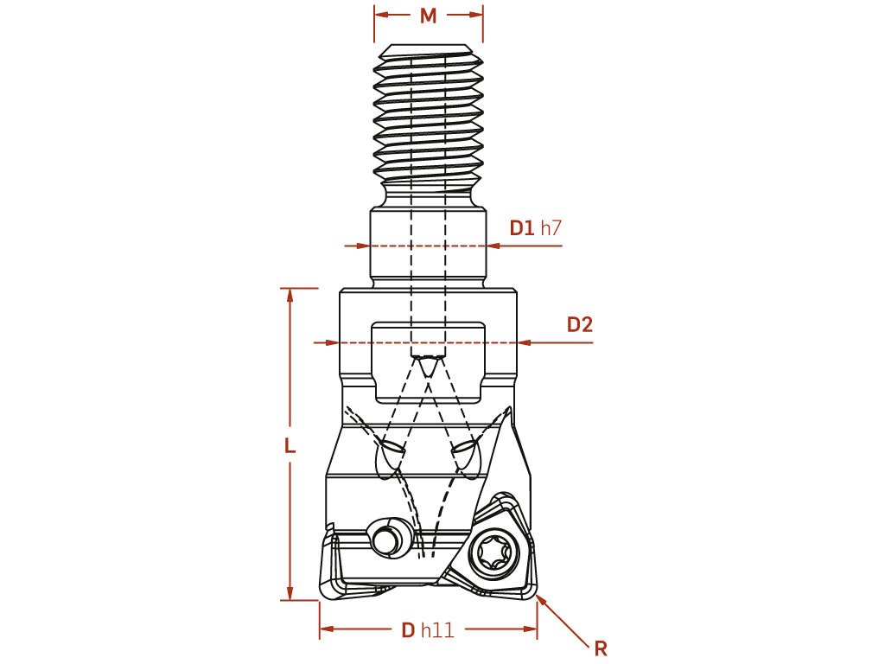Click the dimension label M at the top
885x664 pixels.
tap(429, 16)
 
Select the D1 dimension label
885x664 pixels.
tap(521, 228)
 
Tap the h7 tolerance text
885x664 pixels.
tap(551, 228)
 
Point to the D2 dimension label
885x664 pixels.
tap(580, 325)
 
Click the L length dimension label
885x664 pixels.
tap(290, 446)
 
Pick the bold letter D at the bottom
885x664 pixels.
tap(408, 630)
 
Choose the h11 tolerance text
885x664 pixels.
tap(437, 630)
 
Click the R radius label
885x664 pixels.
tap(601, 648)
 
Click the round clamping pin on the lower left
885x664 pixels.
tap(390, 537)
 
